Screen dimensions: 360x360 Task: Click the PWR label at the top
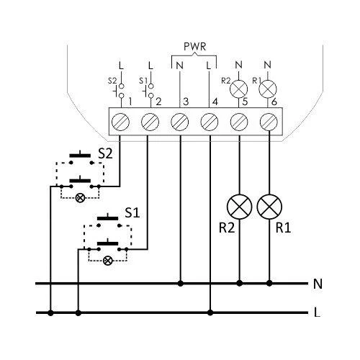(194, 47)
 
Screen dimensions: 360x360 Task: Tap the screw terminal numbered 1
(120, 122)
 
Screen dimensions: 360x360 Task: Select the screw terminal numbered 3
(179, 122)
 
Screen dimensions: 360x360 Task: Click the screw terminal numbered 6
(269, 122)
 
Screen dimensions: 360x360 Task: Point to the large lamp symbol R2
(239, 207)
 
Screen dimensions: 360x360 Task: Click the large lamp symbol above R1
(269, 207)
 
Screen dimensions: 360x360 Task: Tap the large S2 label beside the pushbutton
(105, 153)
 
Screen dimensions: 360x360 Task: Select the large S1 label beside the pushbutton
(132, 212)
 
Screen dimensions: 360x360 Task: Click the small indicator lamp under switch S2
(80, 198)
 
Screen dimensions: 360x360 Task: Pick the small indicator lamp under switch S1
(107, 261)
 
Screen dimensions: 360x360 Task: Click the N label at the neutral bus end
(318, 284)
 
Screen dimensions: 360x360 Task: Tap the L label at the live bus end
(317, 312)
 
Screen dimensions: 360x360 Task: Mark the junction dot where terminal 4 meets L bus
(210, 312)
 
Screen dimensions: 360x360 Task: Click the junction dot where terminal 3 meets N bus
(181, 284)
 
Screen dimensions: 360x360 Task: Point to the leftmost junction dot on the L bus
(50, 312)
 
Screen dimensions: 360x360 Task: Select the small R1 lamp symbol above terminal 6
(268, 89)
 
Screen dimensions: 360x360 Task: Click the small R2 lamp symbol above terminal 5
(238, 89)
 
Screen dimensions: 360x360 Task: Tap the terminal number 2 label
(158, 102)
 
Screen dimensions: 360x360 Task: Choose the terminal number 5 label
(245, 102)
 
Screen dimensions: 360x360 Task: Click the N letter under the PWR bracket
(179, 66)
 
